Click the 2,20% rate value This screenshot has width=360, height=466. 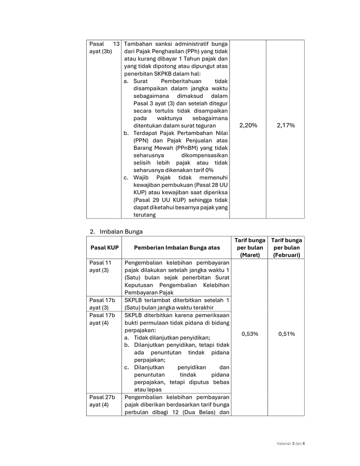pyautogui.click(x=248, y=125)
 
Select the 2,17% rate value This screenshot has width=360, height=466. pyautogui.click(x=285, y=125)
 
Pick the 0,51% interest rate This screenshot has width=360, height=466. pyautogui.click(x=286, y=334)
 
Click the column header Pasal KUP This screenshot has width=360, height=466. pyautogui.click(x=104, y=247)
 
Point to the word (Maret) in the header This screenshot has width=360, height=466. pyautogui.click(x=250, y=255)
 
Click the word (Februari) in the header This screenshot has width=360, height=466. pyautogui.click(x=286, y=255)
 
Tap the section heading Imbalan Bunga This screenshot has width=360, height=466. pyautogui.click(x=121, y=231)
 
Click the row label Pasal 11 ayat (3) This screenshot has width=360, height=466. pyautogui.click(x=101, y=266)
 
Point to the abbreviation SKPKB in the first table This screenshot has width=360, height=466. pyautogui.click(x=171, y=74)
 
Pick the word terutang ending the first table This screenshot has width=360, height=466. pyautogui.click(x=144, y=215)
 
